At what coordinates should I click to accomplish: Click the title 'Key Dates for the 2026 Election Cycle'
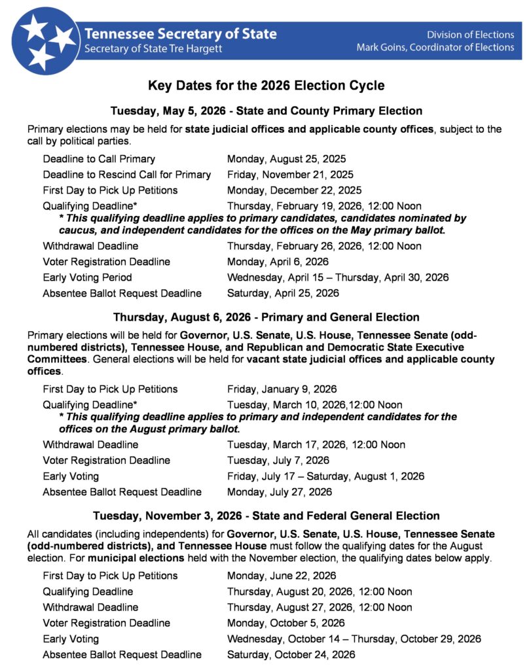[x=266, y=86]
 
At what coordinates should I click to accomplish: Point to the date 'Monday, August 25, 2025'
[x=286, y=159]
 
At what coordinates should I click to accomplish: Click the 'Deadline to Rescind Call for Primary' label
[x=127, y=175]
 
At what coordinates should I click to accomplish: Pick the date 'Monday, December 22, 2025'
[x=294, y=190]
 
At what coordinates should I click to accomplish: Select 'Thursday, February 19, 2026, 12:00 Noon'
[x=324, y=206]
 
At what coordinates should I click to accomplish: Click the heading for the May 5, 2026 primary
[x=266, y=111]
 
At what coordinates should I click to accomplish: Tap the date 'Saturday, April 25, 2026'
[x=283, y=293]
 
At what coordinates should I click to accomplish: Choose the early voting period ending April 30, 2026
[x=338, y=277]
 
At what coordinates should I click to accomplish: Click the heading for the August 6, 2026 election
[x=266, y=317]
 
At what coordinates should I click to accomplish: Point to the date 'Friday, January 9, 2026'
[x=282, y=389]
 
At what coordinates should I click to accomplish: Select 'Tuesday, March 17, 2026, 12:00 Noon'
[x=316, y=444]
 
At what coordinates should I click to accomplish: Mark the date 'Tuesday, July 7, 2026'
[x=278, y=460]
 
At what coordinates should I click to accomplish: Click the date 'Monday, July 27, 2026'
[x=279, y=491]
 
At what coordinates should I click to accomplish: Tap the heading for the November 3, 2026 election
[x=266, y=516]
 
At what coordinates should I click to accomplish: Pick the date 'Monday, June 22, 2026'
[x=282, y=576]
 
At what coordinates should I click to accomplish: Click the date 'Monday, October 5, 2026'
[x=285, y=623]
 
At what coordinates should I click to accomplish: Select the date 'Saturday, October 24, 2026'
[x=291, y=654]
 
